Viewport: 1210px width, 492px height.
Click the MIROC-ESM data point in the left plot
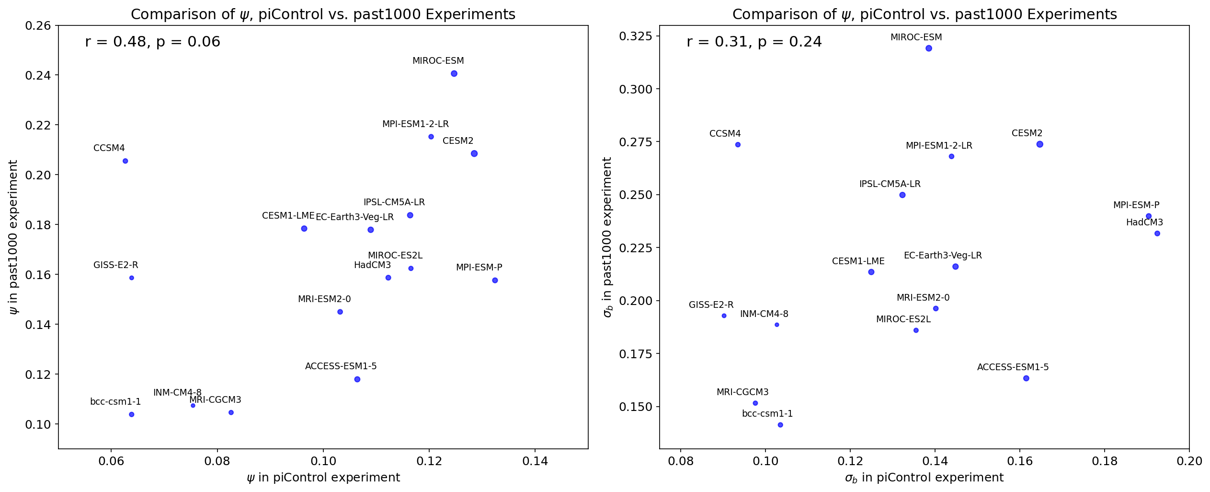454,74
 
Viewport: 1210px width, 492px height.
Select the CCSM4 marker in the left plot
126,161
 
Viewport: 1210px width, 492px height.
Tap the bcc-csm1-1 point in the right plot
780,425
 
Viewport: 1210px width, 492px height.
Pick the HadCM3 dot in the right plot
1157,234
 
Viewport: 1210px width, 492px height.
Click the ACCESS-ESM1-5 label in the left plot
341,366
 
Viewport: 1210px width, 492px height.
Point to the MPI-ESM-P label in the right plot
1136,205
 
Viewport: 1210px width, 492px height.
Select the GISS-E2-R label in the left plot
116,265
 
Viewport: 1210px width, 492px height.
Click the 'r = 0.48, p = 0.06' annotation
153,42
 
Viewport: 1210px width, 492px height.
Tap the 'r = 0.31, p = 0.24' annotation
754,42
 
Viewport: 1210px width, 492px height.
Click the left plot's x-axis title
323,478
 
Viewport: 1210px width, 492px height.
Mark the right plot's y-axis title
608,237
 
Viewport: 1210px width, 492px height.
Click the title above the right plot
925,14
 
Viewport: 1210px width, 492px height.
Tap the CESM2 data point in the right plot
1040,144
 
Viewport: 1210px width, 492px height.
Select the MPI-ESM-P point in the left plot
495,281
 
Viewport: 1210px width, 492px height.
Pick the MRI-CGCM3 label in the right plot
742,392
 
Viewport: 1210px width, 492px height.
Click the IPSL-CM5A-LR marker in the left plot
410,215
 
